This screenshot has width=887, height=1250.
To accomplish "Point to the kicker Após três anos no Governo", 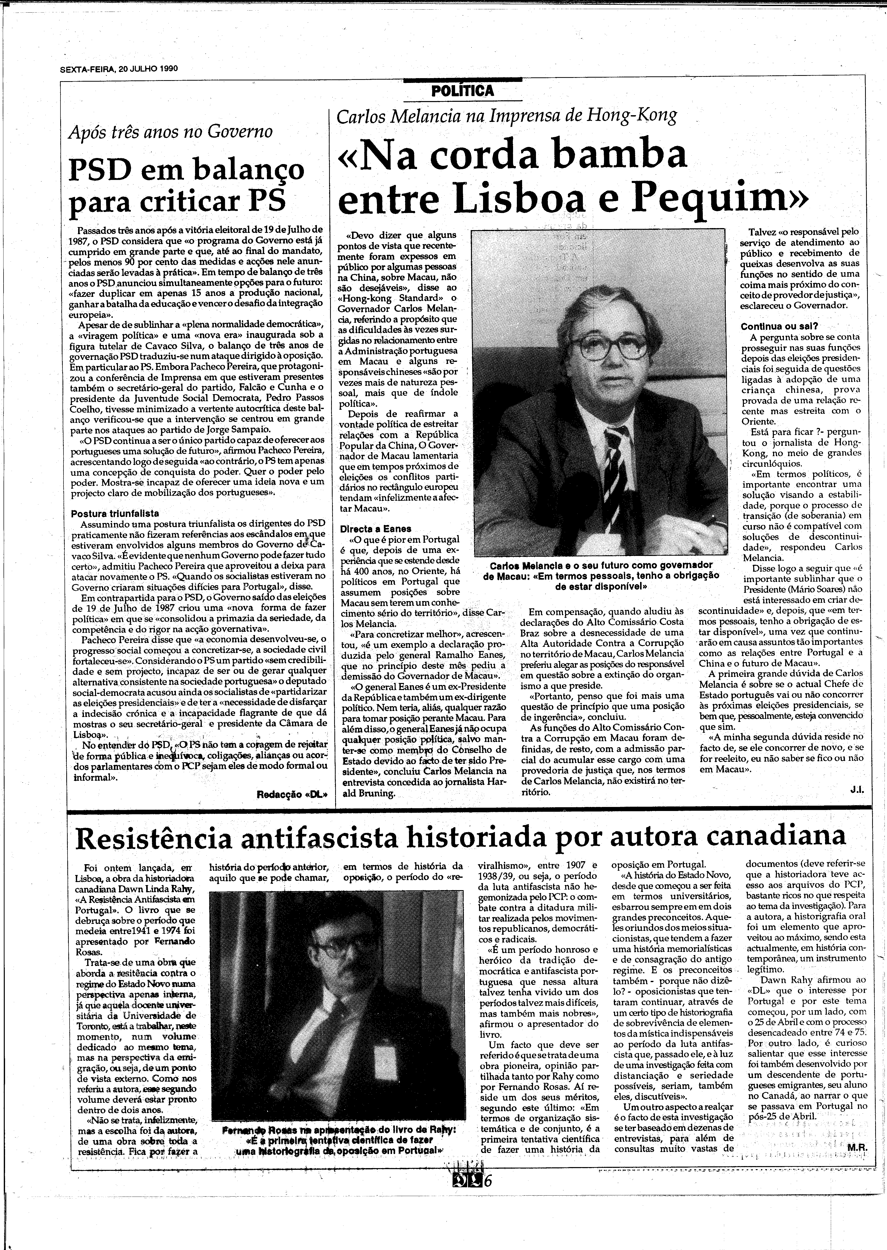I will (x=170, y=132).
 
